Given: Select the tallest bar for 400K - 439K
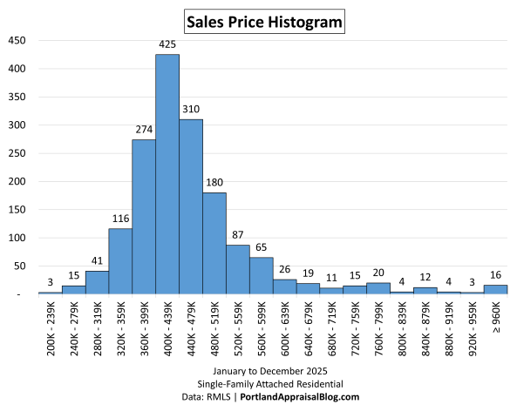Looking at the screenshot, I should pyautogui.click(x=167, y=174).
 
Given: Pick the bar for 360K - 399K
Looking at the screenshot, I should pyautogui.click(x=144, y=217).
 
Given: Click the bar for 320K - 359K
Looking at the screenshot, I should pyautogui.click(x=120, y=261).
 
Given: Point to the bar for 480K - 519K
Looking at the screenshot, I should pyautogui.click(x=214, y=243).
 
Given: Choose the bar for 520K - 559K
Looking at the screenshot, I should pyautogui.click(x=238, y=269).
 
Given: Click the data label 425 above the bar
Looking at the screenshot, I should pyautogui.click(x=167, y=44).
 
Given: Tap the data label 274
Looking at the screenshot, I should pyautogui.click(x=144, y=129).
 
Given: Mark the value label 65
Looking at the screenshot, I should pyautogui.click(x=262, y=246).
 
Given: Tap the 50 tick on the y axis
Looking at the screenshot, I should pyautogui.click(x=19, y=266).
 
